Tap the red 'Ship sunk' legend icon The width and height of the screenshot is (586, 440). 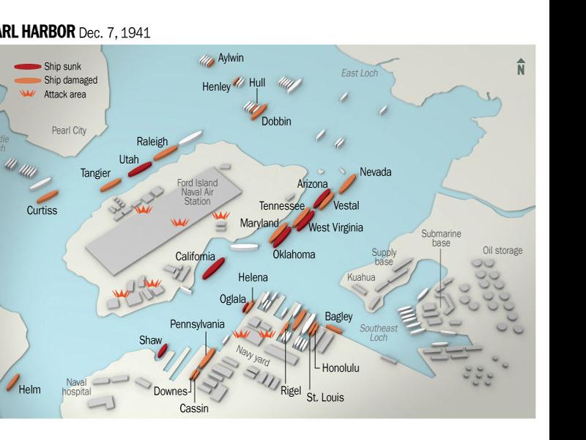pyautogui.click(x=27, y=66)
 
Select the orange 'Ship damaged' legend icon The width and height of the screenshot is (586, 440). pyautogui.click(x=27, y=80)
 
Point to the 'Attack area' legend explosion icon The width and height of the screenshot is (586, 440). pyautogui.click(x=28, y=94)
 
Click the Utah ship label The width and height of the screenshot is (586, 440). pyautogui.click(x=129, y=159)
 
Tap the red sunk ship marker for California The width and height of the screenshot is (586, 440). pyautogui.click(x=213, y=268)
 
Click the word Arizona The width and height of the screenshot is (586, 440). pyautogui.click(x=312, y=184)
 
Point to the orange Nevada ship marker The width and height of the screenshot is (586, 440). pyautogui.click(x=346, y=184)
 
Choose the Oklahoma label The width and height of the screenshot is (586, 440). pyautogui.click(x=294, y=254)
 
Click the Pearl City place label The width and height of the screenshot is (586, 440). pyautogui.click(x=69, y=131)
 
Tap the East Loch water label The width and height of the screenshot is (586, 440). pyautogui.click(x=359, y=73)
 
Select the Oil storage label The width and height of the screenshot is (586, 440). pyautogui.click(x=502, y=251)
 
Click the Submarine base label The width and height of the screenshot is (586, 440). pyautogui.click(x=441, y=238)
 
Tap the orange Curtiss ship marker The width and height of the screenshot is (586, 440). pyautogui.click(x=47, y=197)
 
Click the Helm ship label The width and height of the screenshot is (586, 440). pyautogui.click(x=30, y=389)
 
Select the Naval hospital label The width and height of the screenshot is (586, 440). pyautogui.click(x=76, y=386)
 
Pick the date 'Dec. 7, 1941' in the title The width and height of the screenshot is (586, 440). pyautogui.click(x=114, y=32)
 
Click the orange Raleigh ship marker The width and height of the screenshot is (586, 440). pyautogui.click(x=166, y=153)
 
